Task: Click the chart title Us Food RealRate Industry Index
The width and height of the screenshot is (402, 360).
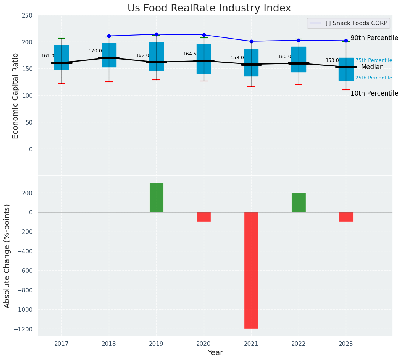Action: pyautogui.click(x=209, y=8)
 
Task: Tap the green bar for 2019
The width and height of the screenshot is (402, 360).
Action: pyautogui.click(x=156, y=198)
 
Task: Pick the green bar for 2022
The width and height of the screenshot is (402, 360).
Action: pyautogui.click(x=299, y=203)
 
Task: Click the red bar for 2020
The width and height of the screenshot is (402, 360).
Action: pyautogui.click(x=204, y=217)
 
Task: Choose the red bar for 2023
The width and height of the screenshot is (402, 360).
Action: pyautogui.click(x=346, y=217)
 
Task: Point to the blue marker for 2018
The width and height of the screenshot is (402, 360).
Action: pyautogui.click(x=109, y=36)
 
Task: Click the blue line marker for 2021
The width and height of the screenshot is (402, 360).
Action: pyautogui.click(x=251, y=41)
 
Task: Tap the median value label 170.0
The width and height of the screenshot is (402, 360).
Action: pyautogui.click(x=95, y=51)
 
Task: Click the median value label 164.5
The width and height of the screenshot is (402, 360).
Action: pyautogui.click(x=190, y=54)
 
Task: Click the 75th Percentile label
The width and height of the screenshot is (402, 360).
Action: pyautogui.click(x=374, y=60)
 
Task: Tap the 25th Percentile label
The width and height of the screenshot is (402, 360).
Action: pyautogui.click(x=374, y=78)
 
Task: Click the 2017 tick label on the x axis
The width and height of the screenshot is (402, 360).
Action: pyautogui.click(x=61, y=344)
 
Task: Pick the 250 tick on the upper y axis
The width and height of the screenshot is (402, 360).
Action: pyautogui.click(x=27, y=15)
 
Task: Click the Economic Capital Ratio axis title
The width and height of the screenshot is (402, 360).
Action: pyautogui.click(x=16, y=96)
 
